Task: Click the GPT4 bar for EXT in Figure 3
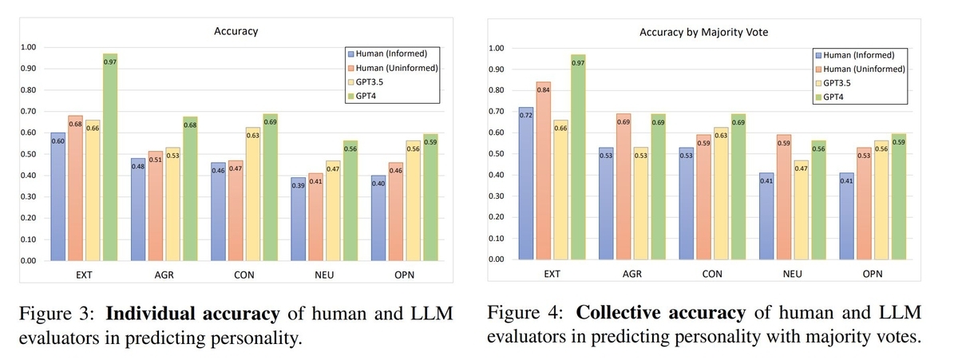coord(110,157)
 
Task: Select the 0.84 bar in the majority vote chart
coord(544,171)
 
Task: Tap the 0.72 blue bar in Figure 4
coord(526,184)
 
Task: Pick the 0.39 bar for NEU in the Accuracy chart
coord(298,219)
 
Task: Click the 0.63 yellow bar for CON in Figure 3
coord(253,194)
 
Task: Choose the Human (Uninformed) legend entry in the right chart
coord(861,69)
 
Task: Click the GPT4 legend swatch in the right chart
coord(818,97)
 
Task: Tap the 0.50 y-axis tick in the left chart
coord(28,154)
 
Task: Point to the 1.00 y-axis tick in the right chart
coord(496,49)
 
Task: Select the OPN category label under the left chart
coord(404,275)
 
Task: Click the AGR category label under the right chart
coord(632,274)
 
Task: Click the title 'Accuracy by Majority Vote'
coord(703,33)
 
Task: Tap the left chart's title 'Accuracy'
coord(236,31)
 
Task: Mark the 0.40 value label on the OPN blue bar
coord(378,184)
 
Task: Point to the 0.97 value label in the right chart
coord(578,63)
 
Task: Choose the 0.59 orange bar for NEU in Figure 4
coord(784,197)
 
